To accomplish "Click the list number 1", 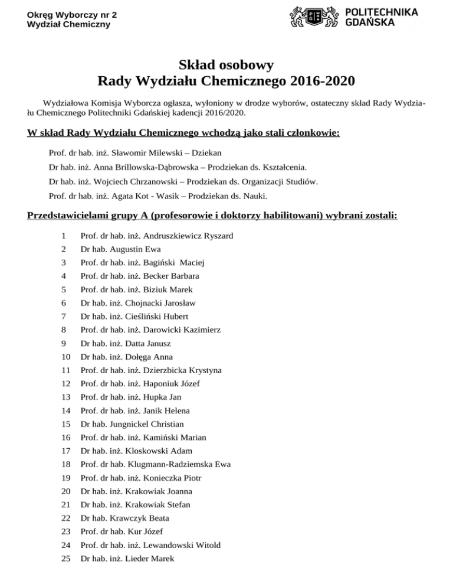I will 63,236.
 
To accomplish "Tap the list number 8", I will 63,330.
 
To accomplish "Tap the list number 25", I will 65,559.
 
